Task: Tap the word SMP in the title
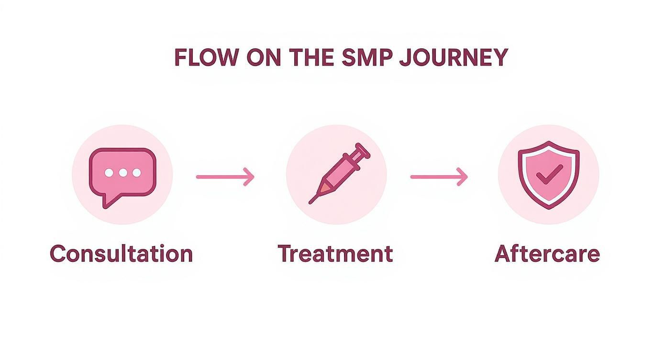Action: [x=368, y=58]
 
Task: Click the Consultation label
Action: [x=122, y=254]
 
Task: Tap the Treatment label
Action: [x=335, y=254]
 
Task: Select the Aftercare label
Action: [x=547, y=254]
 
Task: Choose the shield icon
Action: [x=548, y=174]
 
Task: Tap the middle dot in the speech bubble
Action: [x=123, y=173]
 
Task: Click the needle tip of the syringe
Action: [x=311, y=202]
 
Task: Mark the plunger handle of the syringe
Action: [x=362, y=149]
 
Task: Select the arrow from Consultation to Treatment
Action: [x=225, y=177]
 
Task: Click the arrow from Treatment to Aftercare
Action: [x=439, y=177]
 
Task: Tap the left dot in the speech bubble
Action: [x=109, y=173]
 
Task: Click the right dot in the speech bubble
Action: [x=137, y=173]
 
